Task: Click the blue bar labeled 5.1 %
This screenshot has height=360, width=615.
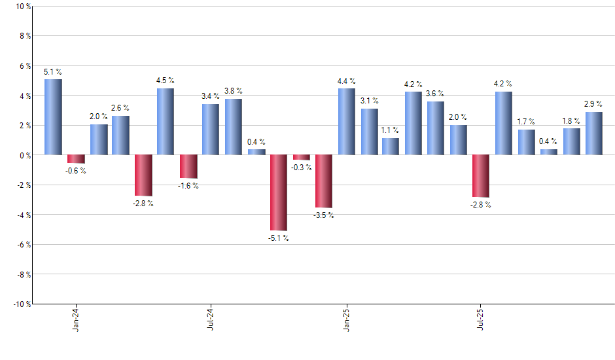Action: tap(53, 117)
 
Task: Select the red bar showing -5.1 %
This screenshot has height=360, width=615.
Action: tap(279, 192)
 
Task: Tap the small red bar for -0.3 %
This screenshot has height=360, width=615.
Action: tap(302, 158)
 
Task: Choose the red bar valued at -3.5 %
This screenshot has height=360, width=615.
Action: tap(324, 181)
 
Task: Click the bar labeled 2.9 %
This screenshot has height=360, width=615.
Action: tap(594, 134)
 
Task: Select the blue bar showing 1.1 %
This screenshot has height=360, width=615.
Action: tap(391, 147)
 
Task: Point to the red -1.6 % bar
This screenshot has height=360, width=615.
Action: tap(188, 167)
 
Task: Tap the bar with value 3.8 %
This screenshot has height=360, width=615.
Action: tap(234, 127)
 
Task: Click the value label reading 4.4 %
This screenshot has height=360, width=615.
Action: tap(346, 81)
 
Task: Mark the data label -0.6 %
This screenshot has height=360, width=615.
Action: tap(76, 171)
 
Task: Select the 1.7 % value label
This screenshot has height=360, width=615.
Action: tap(526, 122)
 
